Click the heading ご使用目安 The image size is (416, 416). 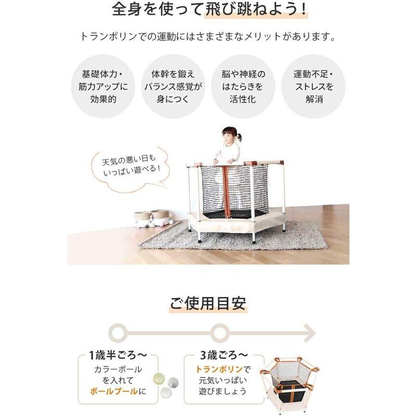[x=207, y=303]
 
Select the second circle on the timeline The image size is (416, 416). [x=220, y=331]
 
